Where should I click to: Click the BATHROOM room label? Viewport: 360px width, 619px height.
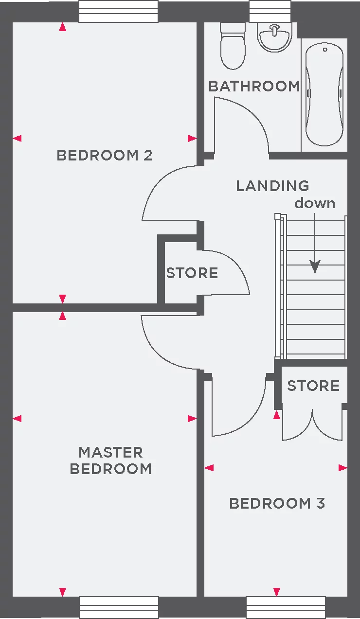tap(254, 87)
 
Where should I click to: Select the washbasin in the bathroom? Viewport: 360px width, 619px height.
tap(274, 36)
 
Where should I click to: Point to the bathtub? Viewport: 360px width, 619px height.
tap(324, 95)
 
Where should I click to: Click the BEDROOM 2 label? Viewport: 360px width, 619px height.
tap(105, 156)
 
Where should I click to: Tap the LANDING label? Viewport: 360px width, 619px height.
tap(272, 186)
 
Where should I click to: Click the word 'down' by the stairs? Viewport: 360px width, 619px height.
tap(315, 203)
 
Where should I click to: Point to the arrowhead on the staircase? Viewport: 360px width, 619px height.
tap(315, 266)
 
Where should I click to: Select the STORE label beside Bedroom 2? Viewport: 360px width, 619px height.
tap(192, 273)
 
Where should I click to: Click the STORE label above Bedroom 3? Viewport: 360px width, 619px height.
tap(313, 386)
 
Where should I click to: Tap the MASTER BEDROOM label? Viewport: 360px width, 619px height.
tap(111, 460)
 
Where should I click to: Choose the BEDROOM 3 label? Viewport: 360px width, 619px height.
tap(277, 503)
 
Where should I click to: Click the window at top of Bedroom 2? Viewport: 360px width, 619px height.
tap(118, 11)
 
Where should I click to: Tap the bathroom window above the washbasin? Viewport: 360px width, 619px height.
tap(270, 11)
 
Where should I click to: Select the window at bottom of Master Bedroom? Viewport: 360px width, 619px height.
tap(119, 607)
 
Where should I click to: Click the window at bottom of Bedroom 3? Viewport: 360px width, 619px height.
tap(286, 607)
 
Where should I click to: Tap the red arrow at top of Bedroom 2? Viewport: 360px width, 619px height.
tap(62, 27)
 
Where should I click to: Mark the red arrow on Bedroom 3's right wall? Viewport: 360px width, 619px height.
tap(343, 468)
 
